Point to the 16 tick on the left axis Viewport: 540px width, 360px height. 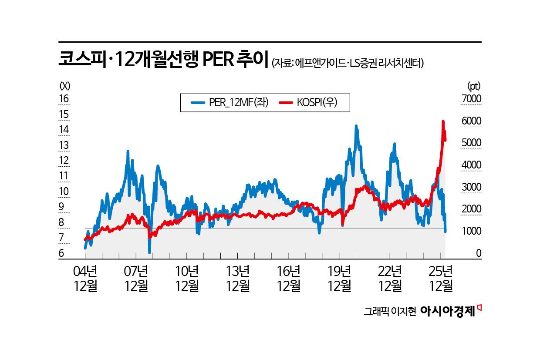coord(64,99)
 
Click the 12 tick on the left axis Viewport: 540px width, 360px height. coord(64,161)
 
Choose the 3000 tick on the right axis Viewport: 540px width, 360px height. coord(471,187)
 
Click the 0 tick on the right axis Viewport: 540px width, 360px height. coord(478,253)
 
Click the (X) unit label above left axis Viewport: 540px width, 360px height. coord(64,85)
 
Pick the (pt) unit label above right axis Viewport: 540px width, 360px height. coord(474,85)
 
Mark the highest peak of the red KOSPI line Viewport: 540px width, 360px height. coord(443,121)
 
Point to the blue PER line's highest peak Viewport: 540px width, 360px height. coord(356,126)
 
